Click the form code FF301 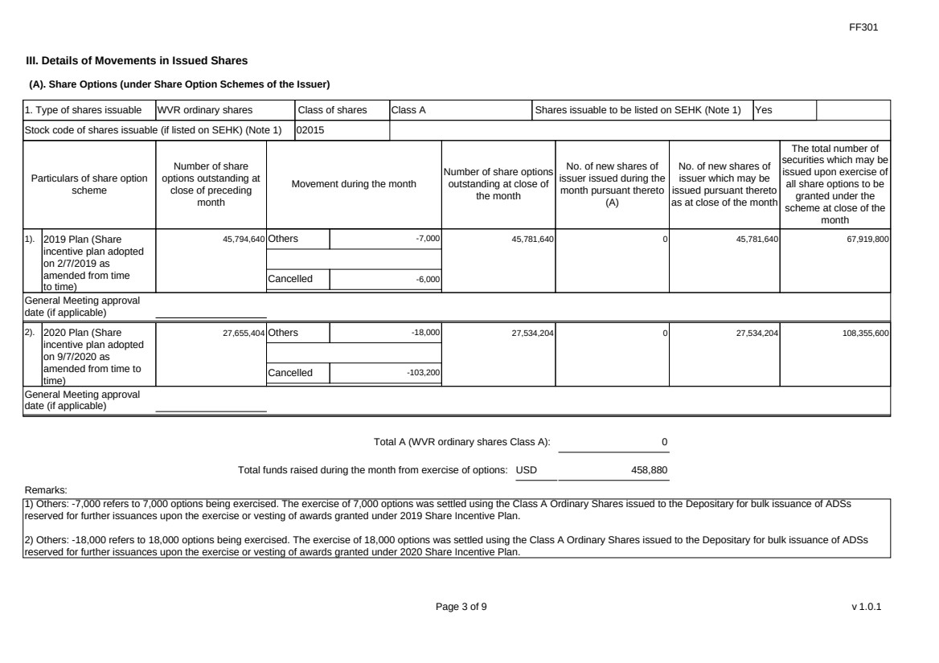(x=865, y=27)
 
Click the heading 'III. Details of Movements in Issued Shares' (x=137, y=60)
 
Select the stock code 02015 (x=311, y=129)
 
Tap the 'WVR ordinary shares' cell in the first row (x=204, y=109)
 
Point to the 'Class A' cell (x=408, y=109)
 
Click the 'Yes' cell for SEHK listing (x=763, y=109)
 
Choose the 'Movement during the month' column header (x=354, y=184)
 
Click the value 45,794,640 (x=244, y=239)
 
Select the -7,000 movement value (x=427, y=239)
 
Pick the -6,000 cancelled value (x=427, y=280)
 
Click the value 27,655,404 (x=244, y=332)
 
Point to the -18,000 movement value (x=425, y=332)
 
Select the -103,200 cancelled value (x=423, y=373)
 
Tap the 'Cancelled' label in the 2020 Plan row (x=289, y=373)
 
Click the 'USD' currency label (x=526, y=469)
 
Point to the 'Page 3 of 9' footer (x=461, y=607)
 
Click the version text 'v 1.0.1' (x=866, y=607)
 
